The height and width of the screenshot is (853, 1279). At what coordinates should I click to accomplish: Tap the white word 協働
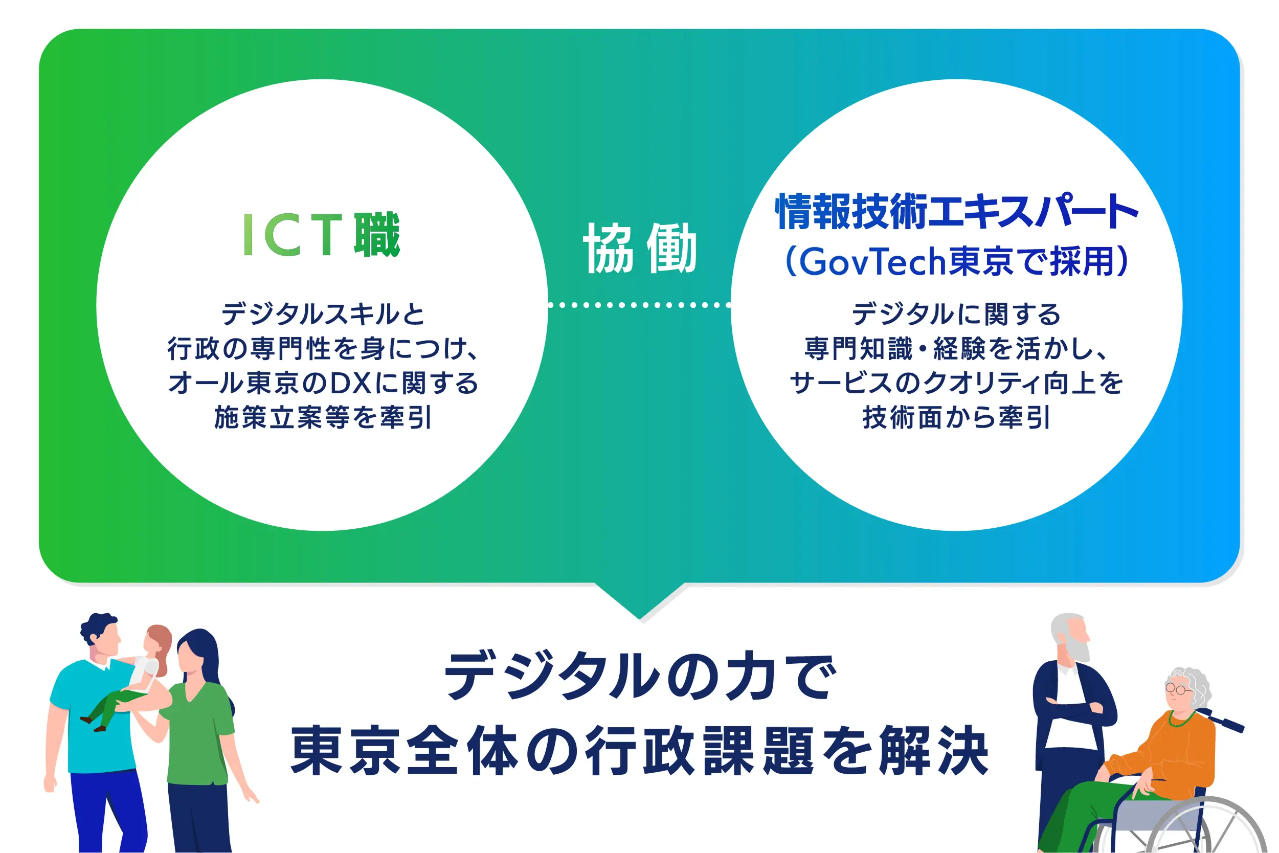640,248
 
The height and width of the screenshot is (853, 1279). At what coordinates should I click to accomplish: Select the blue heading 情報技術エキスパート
956,211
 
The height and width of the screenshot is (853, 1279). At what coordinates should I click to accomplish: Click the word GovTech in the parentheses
872,262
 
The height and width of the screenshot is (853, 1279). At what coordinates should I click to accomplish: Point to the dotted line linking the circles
639,305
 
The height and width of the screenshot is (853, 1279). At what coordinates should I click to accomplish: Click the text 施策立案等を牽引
323,418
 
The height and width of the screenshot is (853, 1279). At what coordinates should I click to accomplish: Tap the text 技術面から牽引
956,418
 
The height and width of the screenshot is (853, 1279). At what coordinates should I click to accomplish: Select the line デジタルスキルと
323,314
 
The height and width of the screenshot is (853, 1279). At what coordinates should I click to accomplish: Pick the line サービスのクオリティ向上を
956,384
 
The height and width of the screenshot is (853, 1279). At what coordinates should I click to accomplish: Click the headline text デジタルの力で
640,676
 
